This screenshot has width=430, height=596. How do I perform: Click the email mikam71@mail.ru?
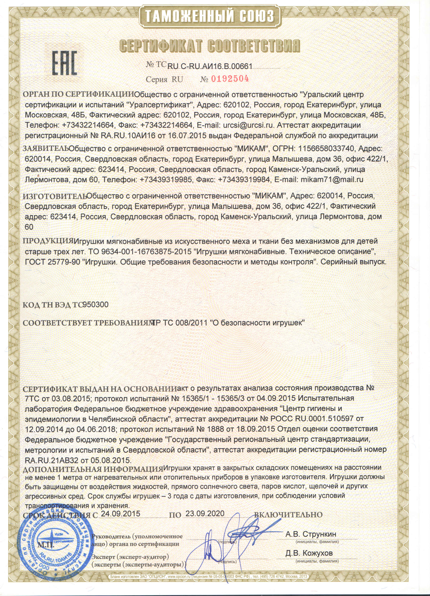[332, 180]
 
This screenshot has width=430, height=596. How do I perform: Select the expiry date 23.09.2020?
[205, 514]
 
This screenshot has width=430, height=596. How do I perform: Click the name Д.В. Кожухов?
[309, 553]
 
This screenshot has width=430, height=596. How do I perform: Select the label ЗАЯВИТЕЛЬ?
[46, 148]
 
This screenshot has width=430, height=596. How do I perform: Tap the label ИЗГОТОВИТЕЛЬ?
[55, 196]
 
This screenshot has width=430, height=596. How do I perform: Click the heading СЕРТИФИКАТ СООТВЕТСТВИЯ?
[210, 46]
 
